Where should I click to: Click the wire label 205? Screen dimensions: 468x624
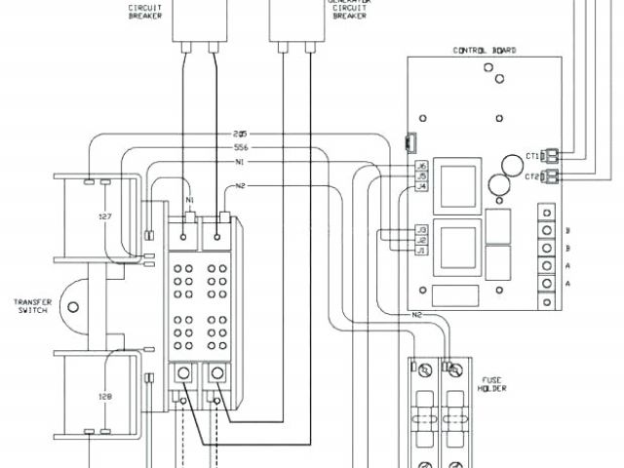click(x=240, y=134)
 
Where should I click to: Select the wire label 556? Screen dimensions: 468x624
click(x=240, y=147)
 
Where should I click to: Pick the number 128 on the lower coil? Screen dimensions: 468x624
click(x=104, y=398)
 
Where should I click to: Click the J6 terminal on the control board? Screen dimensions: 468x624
click(x=421, y=167)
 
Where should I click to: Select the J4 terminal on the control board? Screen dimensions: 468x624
click(x=421, y=186)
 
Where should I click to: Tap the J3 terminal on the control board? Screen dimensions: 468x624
click(x=422, y=229)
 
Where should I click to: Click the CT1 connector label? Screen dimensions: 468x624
click(x=532, y=154)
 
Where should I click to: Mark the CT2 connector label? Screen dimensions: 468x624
click(x=532, y=176)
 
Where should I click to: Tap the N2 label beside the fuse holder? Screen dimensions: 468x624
click(x=416, y=315)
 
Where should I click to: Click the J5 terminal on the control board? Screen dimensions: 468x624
click(x=421, y=176)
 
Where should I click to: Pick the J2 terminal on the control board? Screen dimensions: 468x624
click(x=422, y=239)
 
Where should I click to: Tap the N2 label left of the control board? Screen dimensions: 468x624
click(x=241, y=185)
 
